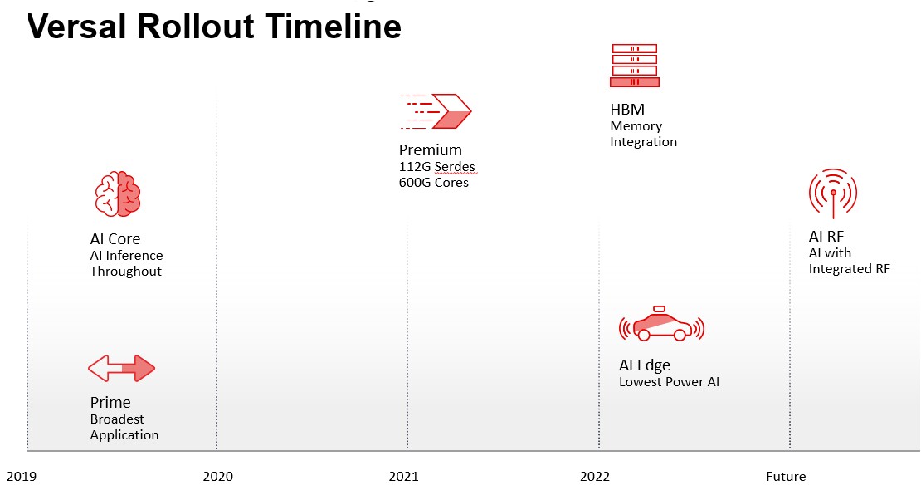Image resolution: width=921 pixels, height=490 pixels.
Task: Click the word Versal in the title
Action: (76, 27)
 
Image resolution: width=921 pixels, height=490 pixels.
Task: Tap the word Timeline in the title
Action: (334, 27)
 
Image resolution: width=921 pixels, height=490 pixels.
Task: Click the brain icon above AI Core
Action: (118, 194)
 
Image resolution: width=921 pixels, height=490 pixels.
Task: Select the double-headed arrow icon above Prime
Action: (122, 368)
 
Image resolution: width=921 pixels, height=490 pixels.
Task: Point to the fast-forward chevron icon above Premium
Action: (436, 111)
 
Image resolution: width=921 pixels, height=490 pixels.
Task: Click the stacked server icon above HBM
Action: (635, 66)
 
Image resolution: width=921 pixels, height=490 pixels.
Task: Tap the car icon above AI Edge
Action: (661, 324)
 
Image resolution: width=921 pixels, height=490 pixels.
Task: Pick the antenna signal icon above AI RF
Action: (833, 194)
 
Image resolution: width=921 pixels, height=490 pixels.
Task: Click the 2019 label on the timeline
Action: (21, 477)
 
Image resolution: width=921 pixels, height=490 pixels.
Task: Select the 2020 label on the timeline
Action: (218, 477)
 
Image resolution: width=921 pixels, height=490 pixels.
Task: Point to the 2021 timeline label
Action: (403, 477)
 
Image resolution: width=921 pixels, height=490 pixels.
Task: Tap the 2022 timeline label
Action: (595, 477)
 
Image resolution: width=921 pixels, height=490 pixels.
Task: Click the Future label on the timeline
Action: (786, 477)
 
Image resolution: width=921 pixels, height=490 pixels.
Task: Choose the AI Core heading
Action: (115, 239)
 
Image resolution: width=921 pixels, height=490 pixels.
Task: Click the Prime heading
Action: (110, 402)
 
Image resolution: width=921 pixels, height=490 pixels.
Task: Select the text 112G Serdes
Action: (437, 167)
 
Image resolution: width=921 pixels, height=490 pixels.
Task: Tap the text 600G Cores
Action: (434, 183)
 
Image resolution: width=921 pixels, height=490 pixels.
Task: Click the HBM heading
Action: (627, 110)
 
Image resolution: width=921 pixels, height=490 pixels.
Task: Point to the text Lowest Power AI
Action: (669, 382)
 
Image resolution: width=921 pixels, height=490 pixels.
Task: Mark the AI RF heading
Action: (826, 237)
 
